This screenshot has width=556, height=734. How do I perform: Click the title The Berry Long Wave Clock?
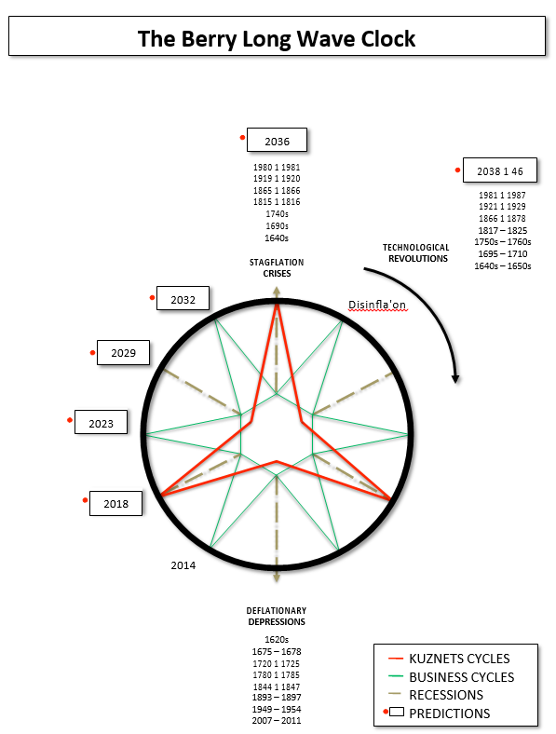[x=277, y=38]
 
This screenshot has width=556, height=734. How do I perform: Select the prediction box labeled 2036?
[x=277, y=140]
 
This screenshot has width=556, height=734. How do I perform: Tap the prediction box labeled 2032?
[x=183, y=298]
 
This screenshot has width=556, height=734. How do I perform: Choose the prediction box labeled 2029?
[x=124, y=352]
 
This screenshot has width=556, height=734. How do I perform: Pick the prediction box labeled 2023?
[x=102, y=422]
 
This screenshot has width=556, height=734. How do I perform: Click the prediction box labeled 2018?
[x=116, y=503]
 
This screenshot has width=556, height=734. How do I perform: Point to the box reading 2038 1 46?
[x=500, y=170]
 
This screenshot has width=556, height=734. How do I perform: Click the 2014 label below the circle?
[x=183, y=565]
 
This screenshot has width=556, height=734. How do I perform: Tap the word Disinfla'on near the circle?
[x=377, y=305]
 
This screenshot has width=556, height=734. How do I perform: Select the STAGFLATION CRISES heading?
[x=277, y=267]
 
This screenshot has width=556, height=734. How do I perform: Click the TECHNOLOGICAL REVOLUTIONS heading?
[x=416, y=252]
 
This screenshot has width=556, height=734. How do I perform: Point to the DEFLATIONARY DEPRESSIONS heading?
[x=277, y=616]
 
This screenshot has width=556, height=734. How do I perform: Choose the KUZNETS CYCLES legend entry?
[x=449, y=659]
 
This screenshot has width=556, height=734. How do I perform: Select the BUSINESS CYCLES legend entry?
[x=451, y=677]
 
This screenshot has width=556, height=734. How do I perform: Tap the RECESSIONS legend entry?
[x=436, y=695]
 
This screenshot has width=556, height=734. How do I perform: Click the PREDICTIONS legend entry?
[x=437, y=713]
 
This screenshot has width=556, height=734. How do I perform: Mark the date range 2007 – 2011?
[x=277, y=720]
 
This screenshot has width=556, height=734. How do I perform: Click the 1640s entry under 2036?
[x=277, y=238]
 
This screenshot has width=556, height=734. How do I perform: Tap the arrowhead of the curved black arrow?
[x=455, y=379]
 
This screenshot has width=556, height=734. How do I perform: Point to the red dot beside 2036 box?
[x=242, y=138]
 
